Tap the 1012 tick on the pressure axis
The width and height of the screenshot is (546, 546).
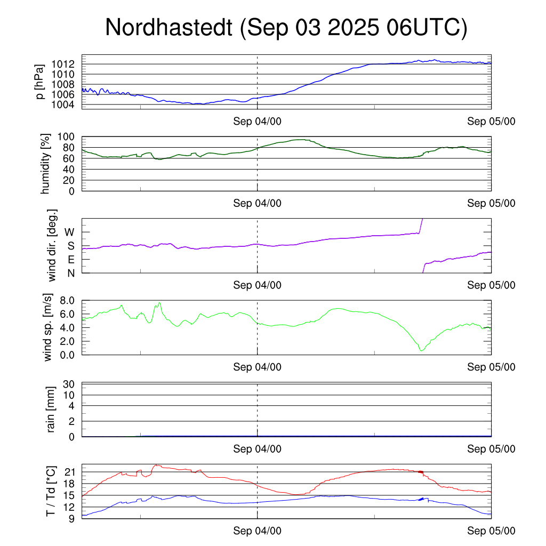[66, 64]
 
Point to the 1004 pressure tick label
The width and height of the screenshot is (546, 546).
[66, 105]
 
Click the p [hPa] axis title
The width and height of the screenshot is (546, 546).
[40, 81]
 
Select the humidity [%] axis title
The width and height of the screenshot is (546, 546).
[46, 164]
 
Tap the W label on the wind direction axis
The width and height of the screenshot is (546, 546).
[69, 232]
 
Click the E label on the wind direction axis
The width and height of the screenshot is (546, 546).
[70, 259]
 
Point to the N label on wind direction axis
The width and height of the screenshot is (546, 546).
[70, 272]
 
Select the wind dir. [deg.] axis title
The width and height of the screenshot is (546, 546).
[52, 245]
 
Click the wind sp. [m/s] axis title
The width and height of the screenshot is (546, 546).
[49, 327]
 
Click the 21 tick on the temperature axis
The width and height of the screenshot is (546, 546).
[70, 472]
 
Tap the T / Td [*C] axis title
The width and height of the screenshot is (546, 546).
[51, 491]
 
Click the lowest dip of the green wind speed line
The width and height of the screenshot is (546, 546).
[421, 350]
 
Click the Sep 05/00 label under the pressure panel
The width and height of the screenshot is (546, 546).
[491, 122]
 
